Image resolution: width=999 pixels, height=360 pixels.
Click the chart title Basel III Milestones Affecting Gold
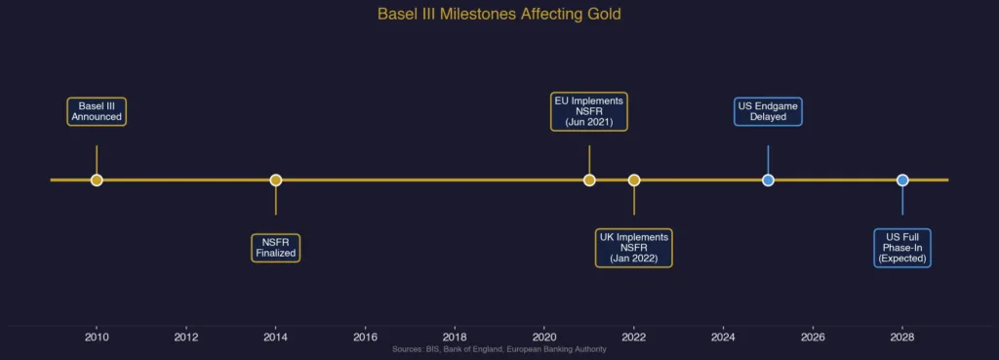tap(499, 15)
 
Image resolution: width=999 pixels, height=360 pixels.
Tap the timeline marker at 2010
tap(97, 180)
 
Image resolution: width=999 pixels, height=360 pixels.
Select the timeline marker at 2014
tap(276, 180)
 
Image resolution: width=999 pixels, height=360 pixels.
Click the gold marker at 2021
tap(589, 180)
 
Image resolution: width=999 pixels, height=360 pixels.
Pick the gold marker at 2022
tap(634, 180)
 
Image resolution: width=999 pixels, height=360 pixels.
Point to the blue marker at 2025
tap(768, 180)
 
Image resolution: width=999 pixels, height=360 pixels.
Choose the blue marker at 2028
tap(902, 180)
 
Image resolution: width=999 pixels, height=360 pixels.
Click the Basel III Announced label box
tap(97, 111)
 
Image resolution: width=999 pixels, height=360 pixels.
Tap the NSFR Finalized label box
tap(275, 248)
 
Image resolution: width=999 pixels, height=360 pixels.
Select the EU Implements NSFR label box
tap(589, 111)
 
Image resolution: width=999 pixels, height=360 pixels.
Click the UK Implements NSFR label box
tap(634, 248)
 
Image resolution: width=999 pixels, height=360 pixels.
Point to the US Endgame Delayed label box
tap(768, 111)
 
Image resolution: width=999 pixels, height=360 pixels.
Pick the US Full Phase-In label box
tap(902, 248)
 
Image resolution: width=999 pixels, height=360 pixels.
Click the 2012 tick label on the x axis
tap(186, 338)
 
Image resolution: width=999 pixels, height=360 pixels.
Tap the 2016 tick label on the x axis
tap(366, 338)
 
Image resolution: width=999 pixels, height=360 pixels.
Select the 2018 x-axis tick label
tap(455, 338)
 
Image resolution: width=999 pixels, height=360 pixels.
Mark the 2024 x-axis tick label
tap(723, 338)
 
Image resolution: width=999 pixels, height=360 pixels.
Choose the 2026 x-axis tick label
tap(813, 338)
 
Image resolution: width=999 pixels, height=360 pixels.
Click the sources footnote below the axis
tap(499, 349)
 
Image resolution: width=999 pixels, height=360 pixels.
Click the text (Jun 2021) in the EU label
tap(589, 122)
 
